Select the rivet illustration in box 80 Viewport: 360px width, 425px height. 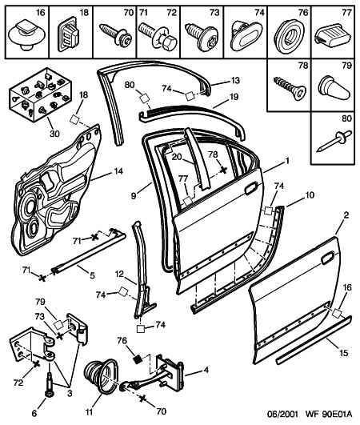(334, 141)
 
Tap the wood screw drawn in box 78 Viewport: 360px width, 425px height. (290, 86)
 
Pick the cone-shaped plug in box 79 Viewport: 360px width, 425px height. (334, 88)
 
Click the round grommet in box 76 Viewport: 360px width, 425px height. (289, 37)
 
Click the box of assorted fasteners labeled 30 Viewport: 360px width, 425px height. (41, 94)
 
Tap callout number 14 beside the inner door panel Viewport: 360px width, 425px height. (118, 171)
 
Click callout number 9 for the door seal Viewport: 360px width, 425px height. (134, 195)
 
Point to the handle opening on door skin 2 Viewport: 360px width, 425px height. (327, 257)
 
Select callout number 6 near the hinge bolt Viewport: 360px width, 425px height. (34, 413)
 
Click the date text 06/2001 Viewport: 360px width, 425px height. (282, 414)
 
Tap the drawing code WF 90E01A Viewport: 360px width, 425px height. (329, 414)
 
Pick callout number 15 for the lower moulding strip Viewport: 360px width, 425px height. (343, 353)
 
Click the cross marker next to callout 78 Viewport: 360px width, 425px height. (223, 170)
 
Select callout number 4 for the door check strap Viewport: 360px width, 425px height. (206, 370)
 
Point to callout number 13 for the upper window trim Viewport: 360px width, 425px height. (235, 81)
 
